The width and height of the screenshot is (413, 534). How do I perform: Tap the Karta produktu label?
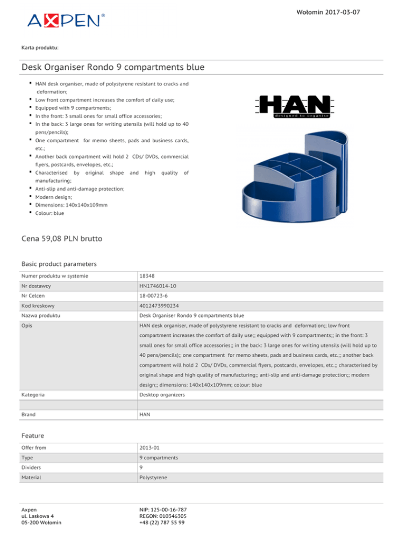[x=40, y=48]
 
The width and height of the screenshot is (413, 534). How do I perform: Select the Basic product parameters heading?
[x=59, y=264]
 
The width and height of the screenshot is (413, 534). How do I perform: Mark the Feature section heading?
[x=33, y=436]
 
